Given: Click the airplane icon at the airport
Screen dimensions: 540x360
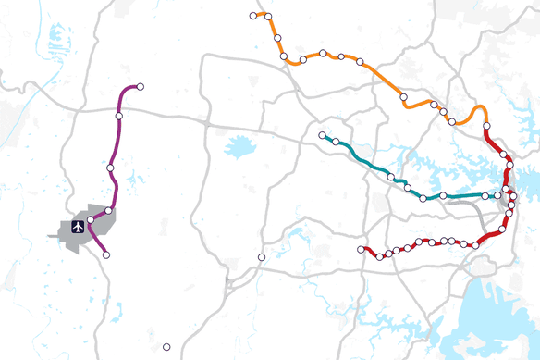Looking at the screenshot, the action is point(78,226).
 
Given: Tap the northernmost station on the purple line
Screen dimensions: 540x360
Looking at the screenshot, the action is point(141,87).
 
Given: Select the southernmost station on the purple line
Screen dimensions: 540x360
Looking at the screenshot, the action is point(106,254).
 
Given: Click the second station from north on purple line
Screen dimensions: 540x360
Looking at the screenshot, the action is point(119,116).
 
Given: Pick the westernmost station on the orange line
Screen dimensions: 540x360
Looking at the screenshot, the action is point(253,16).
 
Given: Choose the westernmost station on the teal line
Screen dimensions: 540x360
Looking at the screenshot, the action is point(322,136).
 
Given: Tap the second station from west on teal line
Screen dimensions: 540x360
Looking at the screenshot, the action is point(336,143).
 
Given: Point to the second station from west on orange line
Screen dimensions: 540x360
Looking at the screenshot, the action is point(267,16).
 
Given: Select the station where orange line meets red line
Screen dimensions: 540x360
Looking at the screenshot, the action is point(486,129).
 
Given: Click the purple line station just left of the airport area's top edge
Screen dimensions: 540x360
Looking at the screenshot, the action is point(91,219).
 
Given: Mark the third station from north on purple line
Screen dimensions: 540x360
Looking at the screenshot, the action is point(110,168).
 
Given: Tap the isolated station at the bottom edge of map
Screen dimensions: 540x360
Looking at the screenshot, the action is point(166,347).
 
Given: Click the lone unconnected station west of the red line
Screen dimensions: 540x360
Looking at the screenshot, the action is point(262,256).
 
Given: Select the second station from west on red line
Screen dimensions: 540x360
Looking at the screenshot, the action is point(380,255).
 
